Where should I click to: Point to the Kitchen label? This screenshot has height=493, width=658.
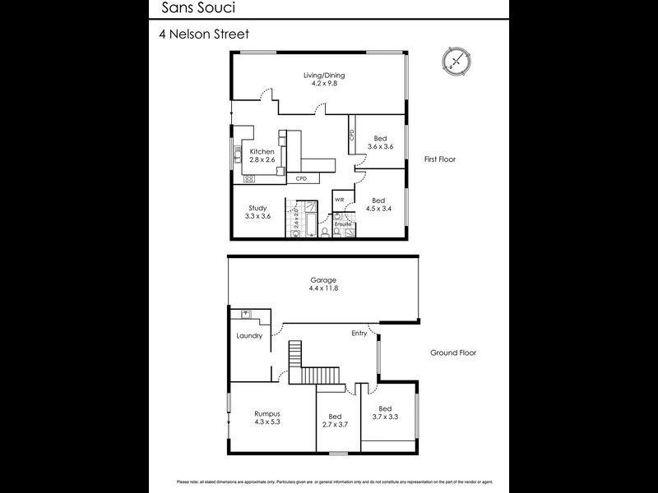coord(262,152)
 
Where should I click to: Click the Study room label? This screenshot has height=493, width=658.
coord(257,208)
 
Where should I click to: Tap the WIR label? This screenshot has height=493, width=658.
coord(339,200)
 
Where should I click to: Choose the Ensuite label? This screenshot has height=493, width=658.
coord(343,223)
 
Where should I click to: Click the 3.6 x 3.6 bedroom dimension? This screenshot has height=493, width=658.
coord(379,146)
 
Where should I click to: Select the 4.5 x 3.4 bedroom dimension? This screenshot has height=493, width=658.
coord(378,209)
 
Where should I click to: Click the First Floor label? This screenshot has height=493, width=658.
coord(440,159)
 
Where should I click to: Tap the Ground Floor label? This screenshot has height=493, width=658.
coord(453,352)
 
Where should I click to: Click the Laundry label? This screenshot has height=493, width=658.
coord(248,335)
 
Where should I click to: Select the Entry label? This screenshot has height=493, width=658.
coord(359,333)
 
